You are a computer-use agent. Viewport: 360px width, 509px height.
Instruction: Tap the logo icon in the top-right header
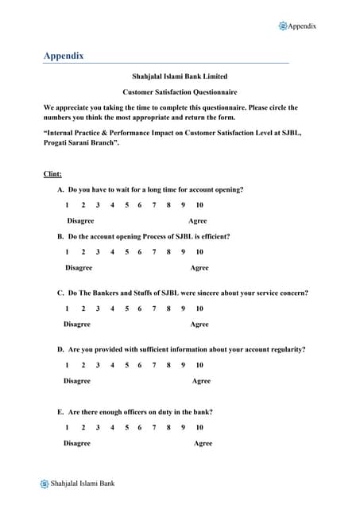283,26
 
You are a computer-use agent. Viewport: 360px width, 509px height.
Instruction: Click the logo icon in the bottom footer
45,484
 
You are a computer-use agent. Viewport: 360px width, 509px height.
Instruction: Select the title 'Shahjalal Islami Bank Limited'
179,77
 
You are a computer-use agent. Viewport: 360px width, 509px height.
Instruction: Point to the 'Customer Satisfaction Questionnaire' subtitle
180,92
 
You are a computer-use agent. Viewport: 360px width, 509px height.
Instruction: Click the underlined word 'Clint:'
52,173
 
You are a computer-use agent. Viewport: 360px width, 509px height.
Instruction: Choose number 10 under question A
199,205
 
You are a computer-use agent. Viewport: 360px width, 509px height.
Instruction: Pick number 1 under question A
67,205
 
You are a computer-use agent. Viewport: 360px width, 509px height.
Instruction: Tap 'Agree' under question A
197,221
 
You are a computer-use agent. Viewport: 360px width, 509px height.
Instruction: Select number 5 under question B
126,252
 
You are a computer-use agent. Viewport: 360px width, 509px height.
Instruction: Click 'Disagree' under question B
79,268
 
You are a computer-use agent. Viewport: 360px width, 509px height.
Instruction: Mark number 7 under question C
154,309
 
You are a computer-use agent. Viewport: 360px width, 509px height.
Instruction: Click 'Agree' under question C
199,324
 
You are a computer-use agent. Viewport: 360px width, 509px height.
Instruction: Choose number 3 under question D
97,365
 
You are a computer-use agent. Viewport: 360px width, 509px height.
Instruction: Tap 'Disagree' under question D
77,381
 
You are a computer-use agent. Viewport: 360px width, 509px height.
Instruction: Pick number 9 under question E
183,427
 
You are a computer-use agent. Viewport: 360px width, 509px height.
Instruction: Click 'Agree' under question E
203,443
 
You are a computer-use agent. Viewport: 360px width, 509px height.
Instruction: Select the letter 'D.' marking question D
60,349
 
